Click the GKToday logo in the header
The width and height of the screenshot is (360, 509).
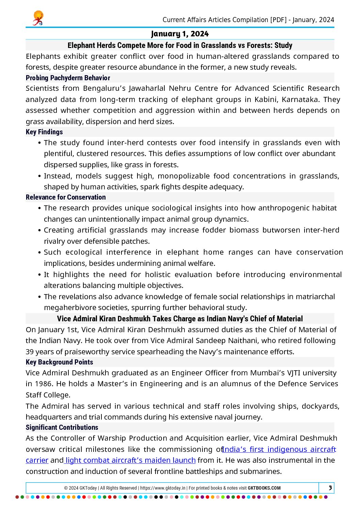point(38,18)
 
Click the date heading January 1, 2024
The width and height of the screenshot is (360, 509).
point(180,34)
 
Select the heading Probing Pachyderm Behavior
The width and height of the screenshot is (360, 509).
point(68,78)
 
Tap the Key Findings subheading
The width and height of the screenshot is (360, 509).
point(44,132)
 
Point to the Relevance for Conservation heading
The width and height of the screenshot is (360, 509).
point(66,197)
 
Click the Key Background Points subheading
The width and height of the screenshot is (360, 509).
point(59,362)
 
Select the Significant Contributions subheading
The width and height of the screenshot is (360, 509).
point(62,427)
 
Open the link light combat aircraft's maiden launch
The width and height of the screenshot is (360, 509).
point(130,460)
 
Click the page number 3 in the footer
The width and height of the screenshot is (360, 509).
point(330,488)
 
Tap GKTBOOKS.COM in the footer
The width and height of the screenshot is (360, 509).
point(264,488)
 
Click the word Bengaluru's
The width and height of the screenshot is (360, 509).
point(104,88)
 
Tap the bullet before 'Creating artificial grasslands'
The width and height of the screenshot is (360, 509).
point(40,231)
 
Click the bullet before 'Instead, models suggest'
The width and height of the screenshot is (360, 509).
point(40,176)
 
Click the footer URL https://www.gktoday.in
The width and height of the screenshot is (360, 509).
point(163,488)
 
